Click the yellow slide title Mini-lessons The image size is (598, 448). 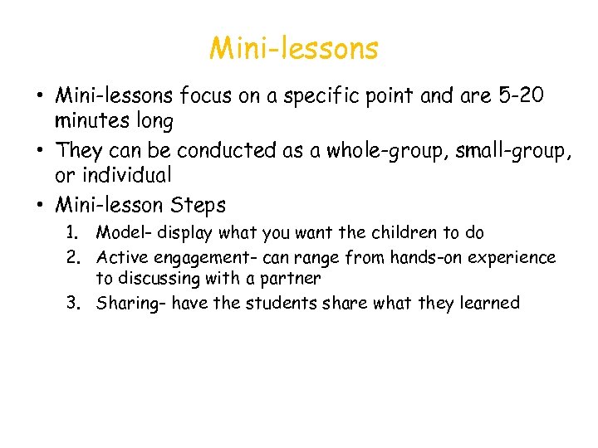coord(293,49)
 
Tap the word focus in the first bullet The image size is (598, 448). coord(201,96)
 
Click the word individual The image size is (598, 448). coord(125,176)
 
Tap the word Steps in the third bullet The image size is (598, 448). coord(198,204)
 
